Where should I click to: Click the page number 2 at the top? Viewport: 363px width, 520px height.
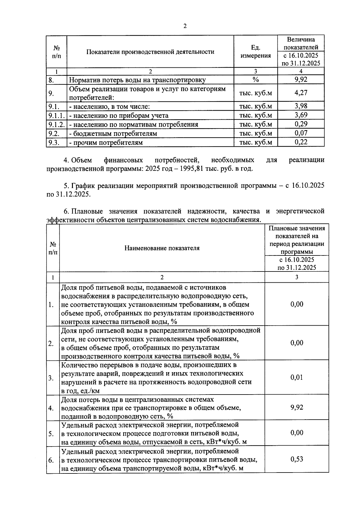click(x=185, y=26)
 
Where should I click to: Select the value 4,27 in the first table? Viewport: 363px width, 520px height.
click(x=301, y=93)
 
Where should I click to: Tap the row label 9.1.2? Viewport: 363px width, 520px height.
click(x=56, y=124)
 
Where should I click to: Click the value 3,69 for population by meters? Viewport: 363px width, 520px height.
click(x=301, y=115)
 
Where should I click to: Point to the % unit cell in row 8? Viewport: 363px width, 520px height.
click(x=256, y=80)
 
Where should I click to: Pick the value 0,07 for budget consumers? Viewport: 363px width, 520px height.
click(x=301, y=133)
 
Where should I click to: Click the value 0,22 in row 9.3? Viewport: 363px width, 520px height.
click(x=301, y=142)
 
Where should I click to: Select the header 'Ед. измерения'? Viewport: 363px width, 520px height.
click(x=256, y=52)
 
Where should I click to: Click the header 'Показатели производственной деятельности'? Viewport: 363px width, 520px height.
click(x=150, y=52)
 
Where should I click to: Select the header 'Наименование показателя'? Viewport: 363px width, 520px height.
click(x=162, y=248)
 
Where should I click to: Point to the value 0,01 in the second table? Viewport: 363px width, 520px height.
click(x=296, y=377)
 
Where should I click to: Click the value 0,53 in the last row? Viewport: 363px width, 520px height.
click(x=296, y=459)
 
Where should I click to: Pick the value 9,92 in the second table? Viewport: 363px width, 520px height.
click(x=296, y=407)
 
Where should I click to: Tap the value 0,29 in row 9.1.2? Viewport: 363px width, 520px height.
click(x=301, y=124)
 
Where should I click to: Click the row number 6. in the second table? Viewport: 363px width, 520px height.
click(x=51, y=460)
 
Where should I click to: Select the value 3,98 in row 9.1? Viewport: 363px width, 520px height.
click(x=301, y=106)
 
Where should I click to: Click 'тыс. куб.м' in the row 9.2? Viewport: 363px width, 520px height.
click(x=256, y=133)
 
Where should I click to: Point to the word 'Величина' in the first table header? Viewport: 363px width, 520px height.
click(x=301, y=40)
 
